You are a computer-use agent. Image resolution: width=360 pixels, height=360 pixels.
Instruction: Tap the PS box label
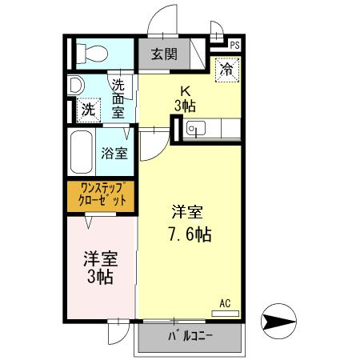point(234,46)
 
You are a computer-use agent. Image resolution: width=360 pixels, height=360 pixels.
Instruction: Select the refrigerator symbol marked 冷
point(227,70)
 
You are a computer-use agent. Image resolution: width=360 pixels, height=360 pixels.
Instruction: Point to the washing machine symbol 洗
point(86,108)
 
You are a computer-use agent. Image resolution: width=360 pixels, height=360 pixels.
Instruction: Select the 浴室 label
point(114,154)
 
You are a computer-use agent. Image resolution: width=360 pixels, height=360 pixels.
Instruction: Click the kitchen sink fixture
point(197,128)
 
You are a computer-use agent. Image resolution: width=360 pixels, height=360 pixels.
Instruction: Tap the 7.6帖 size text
point(189,235)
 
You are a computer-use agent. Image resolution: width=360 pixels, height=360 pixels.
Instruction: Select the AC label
point(225,303)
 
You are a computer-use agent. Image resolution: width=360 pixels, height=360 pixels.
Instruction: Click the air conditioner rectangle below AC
point(225,313)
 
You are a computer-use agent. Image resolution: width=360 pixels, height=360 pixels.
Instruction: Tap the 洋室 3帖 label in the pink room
point(101,267)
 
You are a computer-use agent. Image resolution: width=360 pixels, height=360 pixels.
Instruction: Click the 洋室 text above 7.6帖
point(188,213)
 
